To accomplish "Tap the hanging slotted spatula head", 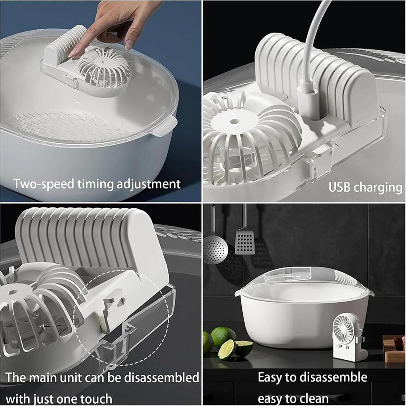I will point(245,242).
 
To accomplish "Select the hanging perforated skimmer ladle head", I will point(215,249).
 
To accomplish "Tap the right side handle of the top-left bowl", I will point(167,125).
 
